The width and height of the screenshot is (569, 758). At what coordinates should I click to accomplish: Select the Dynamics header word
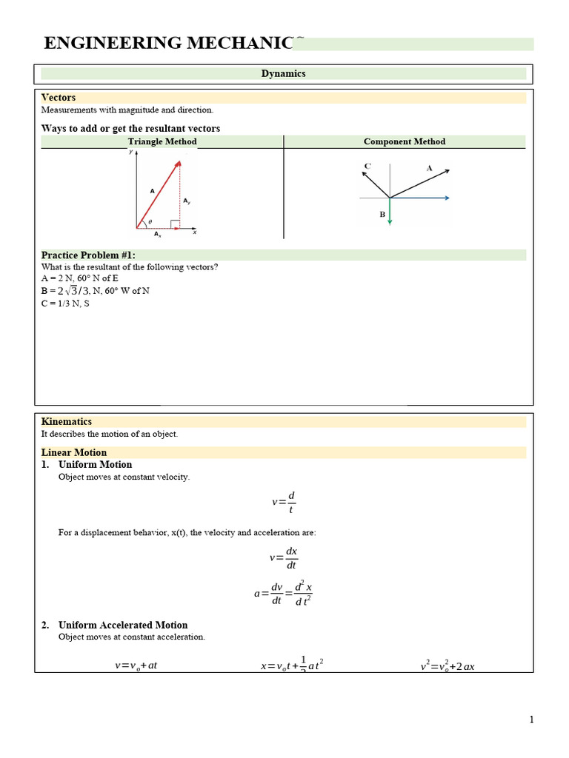pyautogui.click(x=283, y=74)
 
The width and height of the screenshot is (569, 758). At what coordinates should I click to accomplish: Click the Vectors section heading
pyautogui.click(x=59, y=98)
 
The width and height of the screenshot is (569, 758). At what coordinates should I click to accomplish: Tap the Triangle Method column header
pyautogui.click(x=162, y=141)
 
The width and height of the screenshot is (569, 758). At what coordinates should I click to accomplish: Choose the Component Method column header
pyautogui.click(x=405, y=141)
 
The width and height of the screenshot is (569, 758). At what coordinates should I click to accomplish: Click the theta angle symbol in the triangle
pyautogui.click(x=150, y=221)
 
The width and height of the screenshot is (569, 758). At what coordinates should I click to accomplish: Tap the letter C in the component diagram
pyautogui.click(x=367, y=166)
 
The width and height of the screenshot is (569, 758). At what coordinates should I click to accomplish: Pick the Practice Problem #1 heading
pyautogui.click(x=88, y=255)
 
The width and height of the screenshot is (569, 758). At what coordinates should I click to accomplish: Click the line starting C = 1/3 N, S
pyautogui.click(x=65, y=303)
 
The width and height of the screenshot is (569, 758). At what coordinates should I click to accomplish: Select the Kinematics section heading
pyautogui.click(x=67, y=422)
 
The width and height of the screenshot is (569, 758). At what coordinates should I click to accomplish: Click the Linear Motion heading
pyautogui.click(x=74, y=452)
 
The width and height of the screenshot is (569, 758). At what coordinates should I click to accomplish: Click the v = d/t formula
pyautogui.click(x=284, y=503)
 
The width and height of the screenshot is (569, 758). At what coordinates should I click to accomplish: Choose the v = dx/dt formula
pyautogui.click(x=284, y=558)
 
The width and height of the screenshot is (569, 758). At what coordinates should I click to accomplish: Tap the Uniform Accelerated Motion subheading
pyautogui.click(x=123, y=625)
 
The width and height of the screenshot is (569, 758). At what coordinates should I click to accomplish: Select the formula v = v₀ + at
pyautogui.click(x=136, y=665)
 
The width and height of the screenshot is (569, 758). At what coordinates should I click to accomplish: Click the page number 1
pyautogui.click(x=531, y=720)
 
